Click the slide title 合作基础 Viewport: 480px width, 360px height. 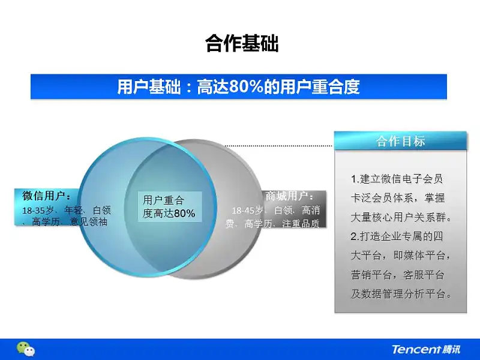click(242, 43)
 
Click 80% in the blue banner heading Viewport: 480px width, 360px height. click(246, 86)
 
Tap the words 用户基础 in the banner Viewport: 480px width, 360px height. click(148, 86)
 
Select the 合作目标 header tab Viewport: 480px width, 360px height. click(400, 141)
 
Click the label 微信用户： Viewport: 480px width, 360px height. click(47, 196)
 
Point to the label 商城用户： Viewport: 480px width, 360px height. click(289, 196)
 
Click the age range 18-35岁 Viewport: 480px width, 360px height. click(38, 211)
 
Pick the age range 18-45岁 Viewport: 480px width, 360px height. click(247, 211)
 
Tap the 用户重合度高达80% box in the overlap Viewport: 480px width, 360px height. click(170, 206)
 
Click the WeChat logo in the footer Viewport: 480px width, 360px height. click(26, 349)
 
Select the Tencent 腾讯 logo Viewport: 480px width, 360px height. click(426, 349)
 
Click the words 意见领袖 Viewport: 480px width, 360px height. click(89, 221)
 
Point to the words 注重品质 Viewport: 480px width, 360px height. click(301, 224)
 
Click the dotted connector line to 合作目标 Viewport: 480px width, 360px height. click(279, 146)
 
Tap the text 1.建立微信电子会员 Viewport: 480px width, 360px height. click(397, 179)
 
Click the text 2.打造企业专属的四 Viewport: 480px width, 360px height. click(397, 236)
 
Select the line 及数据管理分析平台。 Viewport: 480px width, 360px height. click(401, 294)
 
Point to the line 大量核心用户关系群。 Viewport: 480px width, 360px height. click(401, 217)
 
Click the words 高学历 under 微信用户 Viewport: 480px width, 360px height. click(46, 221)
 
